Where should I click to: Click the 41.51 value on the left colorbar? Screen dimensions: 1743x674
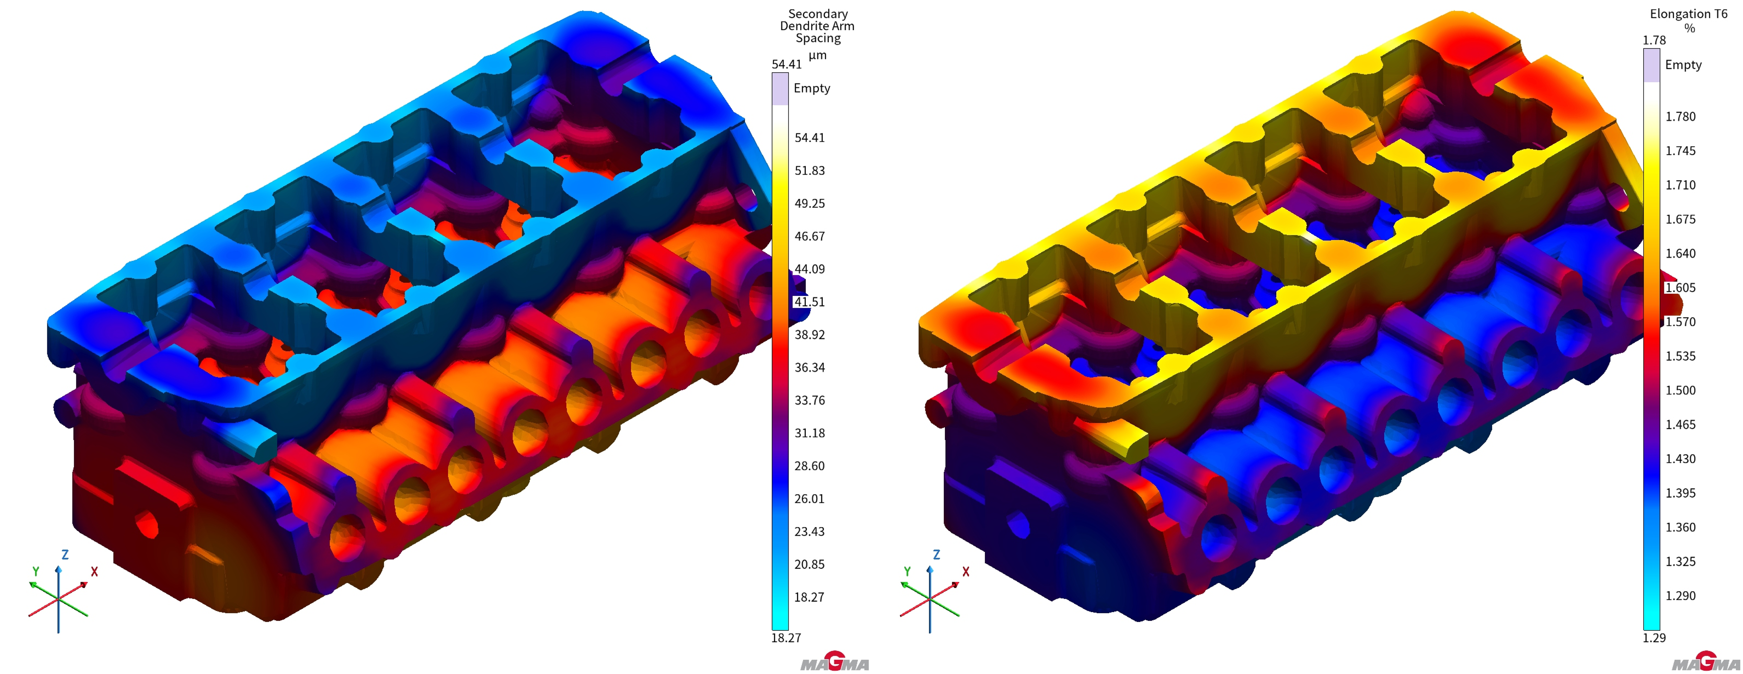(809, 302)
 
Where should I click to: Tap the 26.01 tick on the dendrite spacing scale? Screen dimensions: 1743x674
(809, 499)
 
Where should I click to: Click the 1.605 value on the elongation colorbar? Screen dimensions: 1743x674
(1681, 288)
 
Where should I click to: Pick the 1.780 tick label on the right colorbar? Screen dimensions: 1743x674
(1681, 116)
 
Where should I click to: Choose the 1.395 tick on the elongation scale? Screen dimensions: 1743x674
(1681, 493)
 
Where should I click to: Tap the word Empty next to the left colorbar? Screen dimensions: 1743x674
(812, 88)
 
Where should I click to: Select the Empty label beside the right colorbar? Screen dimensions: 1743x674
(1683, 65)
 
